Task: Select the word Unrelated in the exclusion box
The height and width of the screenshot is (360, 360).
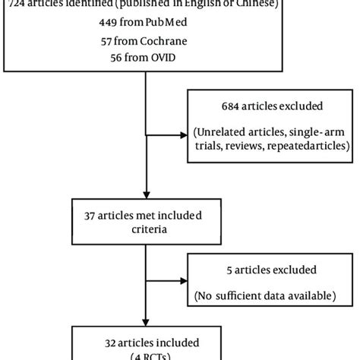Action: pyautogui.click(x=226, y=133)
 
